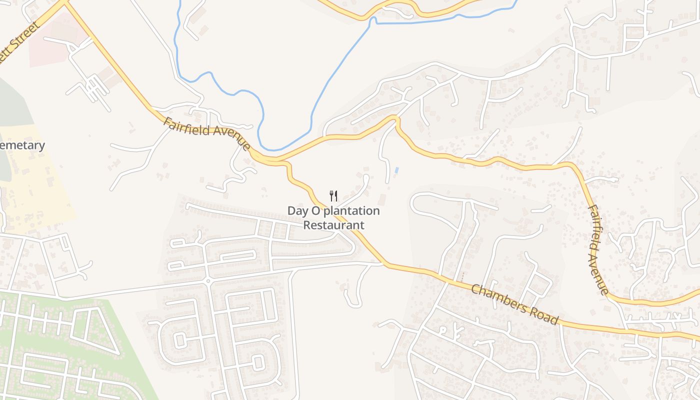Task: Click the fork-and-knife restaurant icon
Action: click(333, 195)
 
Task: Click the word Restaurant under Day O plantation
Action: click(334, 225)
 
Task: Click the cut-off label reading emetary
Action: click(22, 145)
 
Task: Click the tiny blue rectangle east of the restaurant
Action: click(396, 170)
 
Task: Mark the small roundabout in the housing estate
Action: click(208, 281)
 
